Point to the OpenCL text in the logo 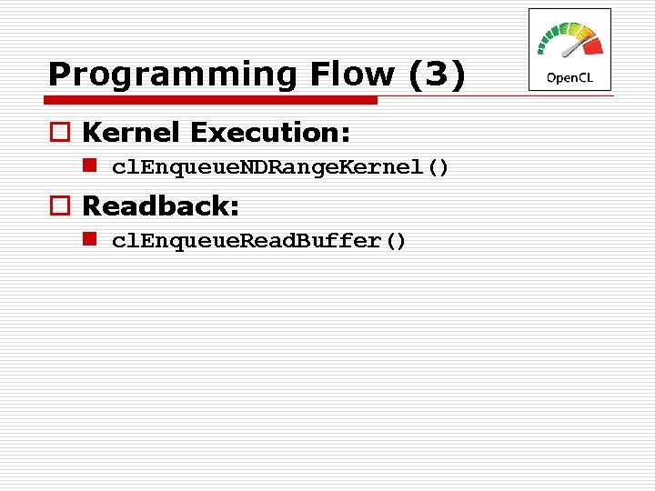point(569,78)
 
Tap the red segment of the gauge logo point(592,45)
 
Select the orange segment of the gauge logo point(584,35)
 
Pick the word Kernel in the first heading point(133,133)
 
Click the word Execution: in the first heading point(270,133)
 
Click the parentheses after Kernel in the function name point(438,168)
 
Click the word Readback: point(161,206)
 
